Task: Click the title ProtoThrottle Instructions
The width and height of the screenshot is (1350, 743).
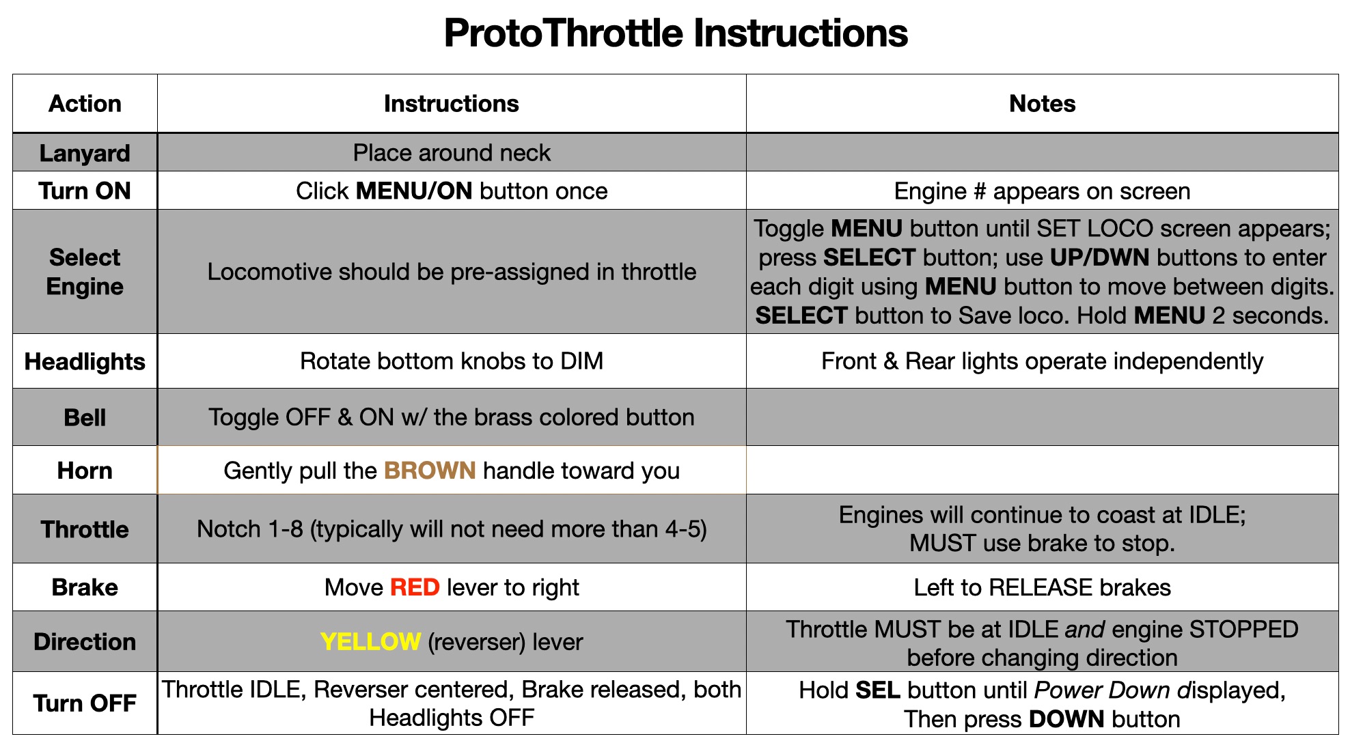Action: coord(676,33)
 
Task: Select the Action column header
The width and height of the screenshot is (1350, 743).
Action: coord(85,104)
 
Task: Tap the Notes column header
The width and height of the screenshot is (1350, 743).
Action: coord(1042,104)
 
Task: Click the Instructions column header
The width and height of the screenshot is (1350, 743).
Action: coord(452,104)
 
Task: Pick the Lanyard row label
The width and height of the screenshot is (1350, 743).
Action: coord(85,154)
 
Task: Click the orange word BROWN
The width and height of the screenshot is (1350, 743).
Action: coord(430,471)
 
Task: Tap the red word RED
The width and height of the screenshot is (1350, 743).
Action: coord(415,587)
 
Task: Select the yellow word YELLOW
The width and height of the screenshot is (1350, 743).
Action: coord(370,642)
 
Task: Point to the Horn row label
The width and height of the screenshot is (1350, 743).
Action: coord(85,471)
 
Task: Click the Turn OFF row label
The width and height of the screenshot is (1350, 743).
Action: coord(85,703)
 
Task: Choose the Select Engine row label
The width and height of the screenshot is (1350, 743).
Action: coord(85,272)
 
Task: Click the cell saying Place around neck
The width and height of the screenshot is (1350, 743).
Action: coord(452,153)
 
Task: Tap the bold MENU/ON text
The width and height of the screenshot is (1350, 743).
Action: coord(415,191)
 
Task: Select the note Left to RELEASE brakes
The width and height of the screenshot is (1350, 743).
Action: coord(1042,587)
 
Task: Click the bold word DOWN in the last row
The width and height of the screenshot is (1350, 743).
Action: coord(1066,719)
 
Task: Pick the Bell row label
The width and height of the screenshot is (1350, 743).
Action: coord(85,417)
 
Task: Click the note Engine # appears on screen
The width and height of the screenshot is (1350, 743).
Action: coord(1042,191)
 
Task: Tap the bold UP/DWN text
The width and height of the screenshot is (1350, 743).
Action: coord(1099,257)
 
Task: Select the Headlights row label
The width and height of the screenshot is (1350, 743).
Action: coord(85,361)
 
